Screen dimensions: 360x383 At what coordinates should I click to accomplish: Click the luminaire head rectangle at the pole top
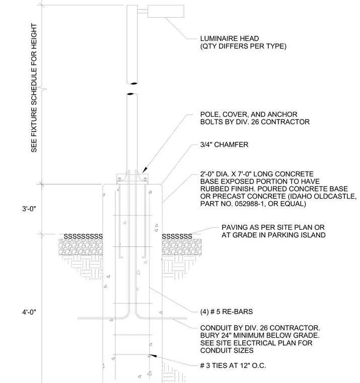[x=166, y=11]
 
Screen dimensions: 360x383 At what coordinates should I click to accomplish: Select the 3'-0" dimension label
[x=29, y=209]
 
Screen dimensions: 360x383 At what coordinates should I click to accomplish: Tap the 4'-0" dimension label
[x=29, y=312]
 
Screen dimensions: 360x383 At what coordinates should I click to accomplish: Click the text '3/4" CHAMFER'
[x=224, y=145]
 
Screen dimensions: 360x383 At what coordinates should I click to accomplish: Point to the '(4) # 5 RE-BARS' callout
[x=226, y=311]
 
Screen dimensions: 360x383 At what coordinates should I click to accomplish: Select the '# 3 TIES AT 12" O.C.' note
[x=233, y=366]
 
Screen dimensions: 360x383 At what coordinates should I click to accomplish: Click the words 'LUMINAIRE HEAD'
[x=230, y=39]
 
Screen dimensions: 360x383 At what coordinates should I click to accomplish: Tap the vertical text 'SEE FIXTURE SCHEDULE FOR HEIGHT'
[x=34, y=88]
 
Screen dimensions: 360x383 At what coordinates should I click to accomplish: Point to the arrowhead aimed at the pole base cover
[x=145, y=170]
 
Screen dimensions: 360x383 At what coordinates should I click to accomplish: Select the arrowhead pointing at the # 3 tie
[x=153, y=356]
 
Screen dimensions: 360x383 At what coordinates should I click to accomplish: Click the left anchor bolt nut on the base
[x=120, y=180]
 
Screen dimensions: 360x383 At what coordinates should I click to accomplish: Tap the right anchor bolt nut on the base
[x=145, y=180]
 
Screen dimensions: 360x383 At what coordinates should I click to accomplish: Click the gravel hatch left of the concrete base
[x=81, y=247]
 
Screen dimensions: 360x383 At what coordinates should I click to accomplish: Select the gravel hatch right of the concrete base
[x=182, y=247]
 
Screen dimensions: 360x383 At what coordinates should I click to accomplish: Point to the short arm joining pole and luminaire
[x=142, y=11]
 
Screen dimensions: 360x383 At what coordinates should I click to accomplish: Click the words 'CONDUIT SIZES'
[x=227, y=351]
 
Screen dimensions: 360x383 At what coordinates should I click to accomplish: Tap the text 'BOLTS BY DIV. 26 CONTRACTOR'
[x=255, y=122]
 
